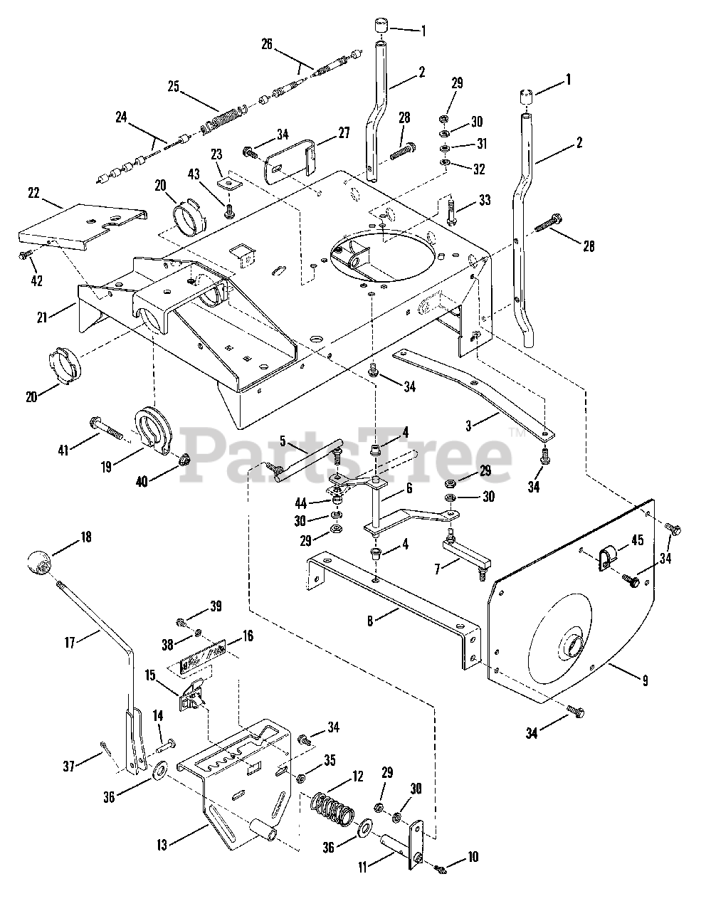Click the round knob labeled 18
pyautogui.click(x=41, y=564)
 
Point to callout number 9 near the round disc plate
pyautogui.click(x=644, y=681)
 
